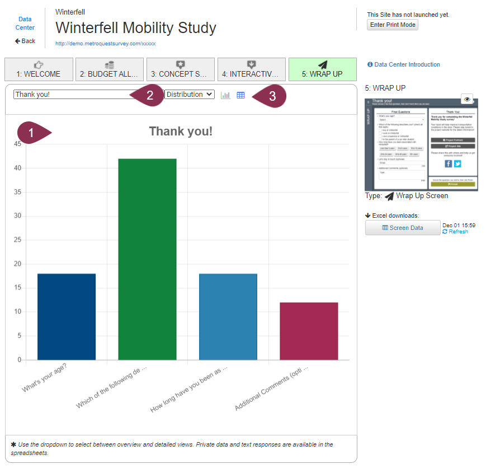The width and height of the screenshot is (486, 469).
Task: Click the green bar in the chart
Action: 147,259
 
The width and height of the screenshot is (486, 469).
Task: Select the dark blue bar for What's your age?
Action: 67,316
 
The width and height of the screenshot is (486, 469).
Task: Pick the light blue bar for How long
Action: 228,316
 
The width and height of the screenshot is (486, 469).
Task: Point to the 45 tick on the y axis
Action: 17,144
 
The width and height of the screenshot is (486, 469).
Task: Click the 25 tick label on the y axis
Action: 17,240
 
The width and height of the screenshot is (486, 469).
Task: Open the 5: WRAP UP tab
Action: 322,69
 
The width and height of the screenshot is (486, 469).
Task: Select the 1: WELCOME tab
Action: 39,69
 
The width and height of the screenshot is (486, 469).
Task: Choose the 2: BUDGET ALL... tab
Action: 110,69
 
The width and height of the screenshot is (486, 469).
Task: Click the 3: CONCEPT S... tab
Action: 180,69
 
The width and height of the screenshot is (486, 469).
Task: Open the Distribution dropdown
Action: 190,95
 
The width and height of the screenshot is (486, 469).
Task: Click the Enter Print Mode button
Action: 393,25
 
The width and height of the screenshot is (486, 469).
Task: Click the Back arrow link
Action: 25,41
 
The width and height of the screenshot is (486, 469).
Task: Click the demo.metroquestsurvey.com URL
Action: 105,43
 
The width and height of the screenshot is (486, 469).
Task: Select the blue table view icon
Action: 240,95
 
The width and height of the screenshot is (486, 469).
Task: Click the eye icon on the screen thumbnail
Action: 468,99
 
